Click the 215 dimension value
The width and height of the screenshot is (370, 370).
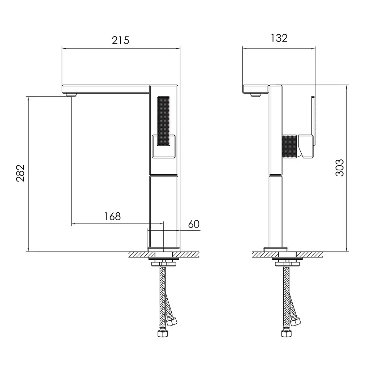[120, 41]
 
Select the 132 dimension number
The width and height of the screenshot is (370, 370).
[279, 38]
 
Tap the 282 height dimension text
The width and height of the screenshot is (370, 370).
[21, 173]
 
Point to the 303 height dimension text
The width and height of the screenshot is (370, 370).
[340, 168]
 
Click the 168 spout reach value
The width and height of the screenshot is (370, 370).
[113, 216]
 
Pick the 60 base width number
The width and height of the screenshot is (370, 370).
[194, 224]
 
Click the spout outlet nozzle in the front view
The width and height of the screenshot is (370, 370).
[72, 95]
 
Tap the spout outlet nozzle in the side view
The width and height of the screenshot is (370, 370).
[255, 95]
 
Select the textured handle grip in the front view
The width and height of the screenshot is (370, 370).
[164, 121]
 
